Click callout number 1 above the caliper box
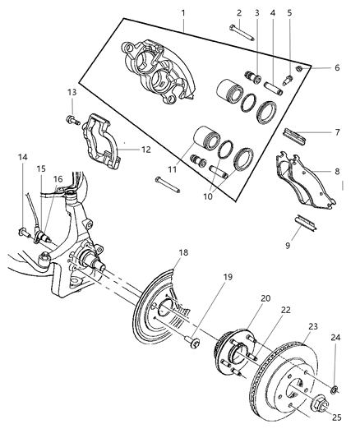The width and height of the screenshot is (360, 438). [x=183, y=13]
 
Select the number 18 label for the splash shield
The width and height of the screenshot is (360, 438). [x=184, y=253]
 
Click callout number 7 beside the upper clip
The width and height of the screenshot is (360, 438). [x=336, y=133]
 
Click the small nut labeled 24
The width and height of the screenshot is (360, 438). [x=336, y=385]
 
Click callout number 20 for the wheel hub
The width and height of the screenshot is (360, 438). [x=265, y=300]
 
